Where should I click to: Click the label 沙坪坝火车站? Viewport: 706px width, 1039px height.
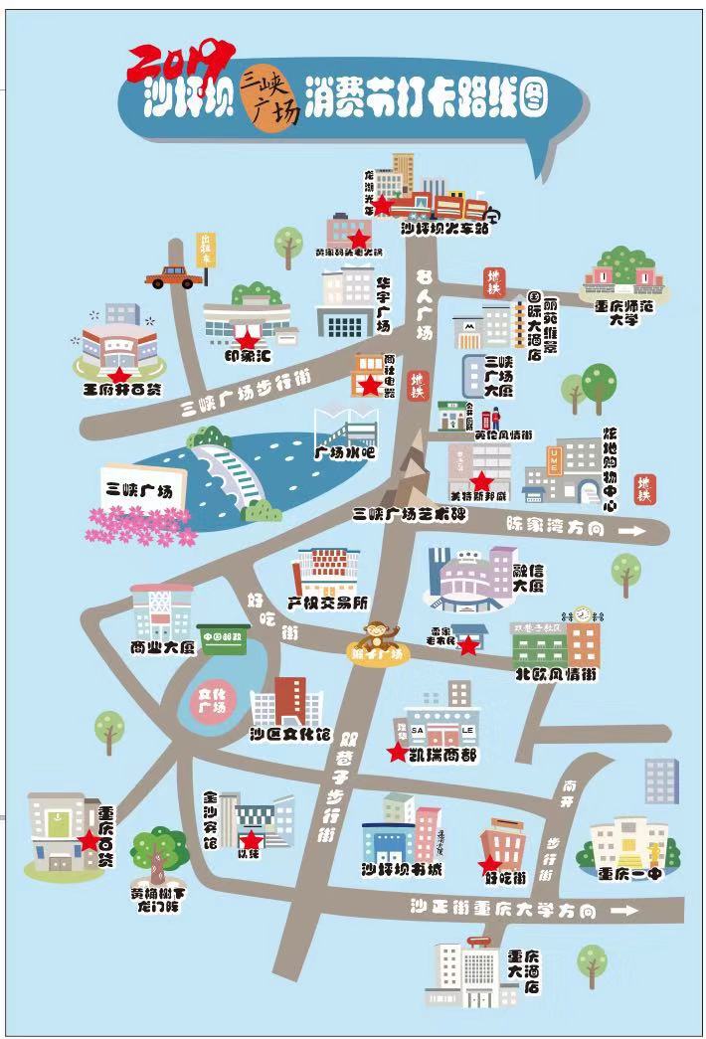[x=444, y=230]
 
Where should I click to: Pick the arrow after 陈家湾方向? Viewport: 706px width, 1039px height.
[x=629, y=531]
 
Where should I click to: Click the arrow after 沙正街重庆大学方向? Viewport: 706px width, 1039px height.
[x=625, y=910]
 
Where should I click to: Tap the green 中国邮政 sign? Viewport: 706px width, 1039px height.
[x=224, y=637]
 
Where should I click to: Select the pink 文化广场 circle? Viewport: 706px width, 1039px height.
[x=213, y=700]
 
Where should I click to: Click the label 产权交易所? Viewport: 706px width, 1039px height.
[x=327, y=603]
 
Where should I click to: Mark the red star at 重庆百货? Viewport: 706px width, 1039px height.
[x=88, y=840]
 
